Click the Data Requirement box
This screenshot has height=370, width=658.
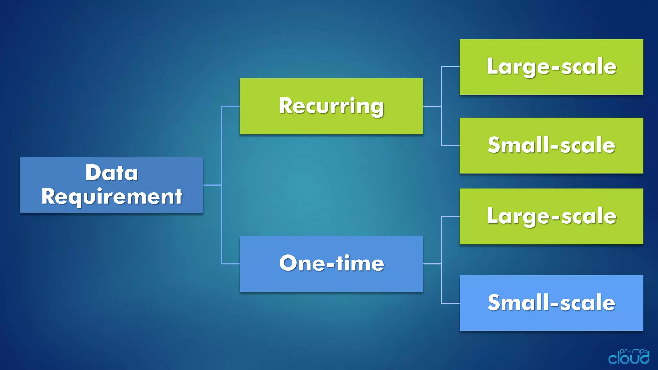pos(111,185)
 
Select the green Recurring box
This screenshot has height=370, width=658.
pos(331,106)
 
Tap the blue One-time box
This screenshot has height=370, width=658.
pos(331,264)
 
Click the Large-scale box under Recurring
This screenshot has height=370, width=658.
pos(551,67)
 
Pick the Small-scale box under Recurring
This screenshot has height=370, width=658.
pos(551,145)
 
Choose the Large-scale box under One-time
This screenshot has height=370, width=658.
pos(551,216)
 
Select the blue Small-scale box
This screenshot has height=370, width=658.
pos(551,303)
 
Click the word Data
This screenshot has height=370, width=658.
pos(111,173)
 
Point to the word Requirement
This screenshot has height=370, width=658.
pos(111,197)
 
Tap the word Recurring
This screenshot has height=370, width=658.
pos(331,106)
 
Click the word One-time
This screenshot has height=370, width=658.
pos(331,264)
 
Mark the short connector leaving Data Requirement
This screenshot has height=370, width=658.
pos(212,185)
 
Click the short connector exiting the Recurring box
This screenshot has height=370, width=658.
pos(432,106)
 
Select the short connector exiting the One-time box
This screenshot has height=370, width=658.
pos(432,264)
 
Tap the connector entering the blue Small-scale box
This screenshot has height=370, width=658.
pos(450,303)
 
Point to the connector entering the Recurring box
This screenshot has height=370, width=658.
pos(231,106)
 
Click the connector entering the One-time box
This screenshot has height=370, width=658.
pos(231,264)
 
